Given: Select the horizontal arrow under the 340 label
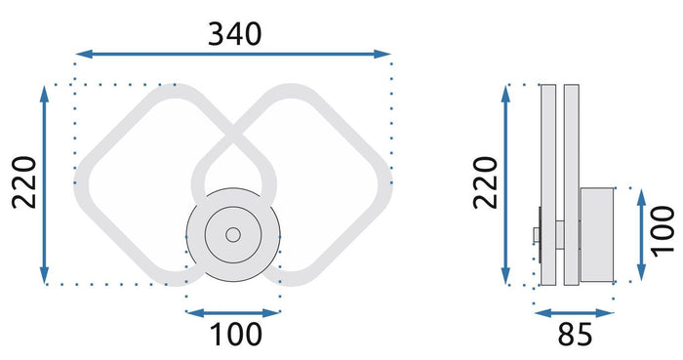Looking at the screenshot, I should [x=234, y=55].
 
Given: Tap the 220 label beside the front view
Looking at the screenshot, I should [x=22, y=183].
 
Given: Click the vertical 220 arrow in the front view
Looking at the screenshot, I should [x=45, y=183].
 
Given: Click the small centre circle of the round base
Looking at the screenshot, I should [x=232, y=235].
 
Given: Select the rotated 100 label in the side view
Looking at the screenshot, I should [x=664, y=232].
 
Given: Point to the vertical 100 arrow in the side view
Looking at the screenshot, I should [x=641, y=232].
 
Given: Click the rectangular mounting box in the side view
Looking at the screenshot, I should [x=597, y=232].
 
